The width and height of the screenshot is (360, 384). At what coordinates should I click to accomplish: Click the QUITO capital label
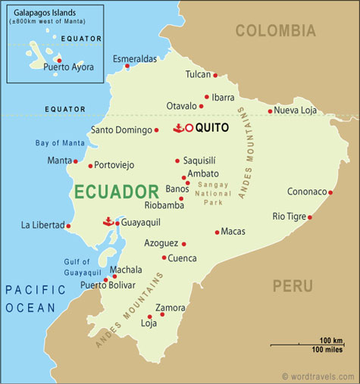tap(211, 128)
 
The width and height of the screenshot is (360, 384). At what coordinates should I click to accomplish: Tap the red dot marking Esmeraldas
tap(127, 66)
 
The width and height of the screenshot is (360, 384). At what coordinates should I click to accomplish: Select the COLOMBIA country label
tap(275, 31)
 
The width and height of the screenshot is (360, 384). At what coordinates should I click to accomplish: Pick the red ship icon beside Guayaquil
tap(108, 222)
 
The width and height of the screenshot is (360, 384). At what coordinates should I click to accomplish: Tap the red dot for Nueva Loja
tap(270, 111)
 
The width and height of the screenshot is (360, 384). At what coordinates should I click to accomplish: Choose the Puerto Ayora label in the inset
tap(69, 67)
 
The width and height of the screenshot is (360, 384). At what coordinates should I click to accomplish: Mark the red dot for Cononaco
tap(330, 192)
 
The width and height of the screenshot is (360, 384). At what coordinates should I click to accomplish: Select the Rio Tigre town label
tap(290, 217)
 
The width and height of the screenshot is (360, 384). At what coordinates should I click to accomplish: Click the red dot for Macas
tap(217, 232)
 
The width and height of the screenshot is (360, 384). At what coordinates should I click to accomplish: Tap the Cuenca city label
tap(183, 258)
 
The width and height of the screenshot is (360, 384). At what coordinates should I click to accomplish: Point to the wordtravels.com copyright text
tap(318, 376)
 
